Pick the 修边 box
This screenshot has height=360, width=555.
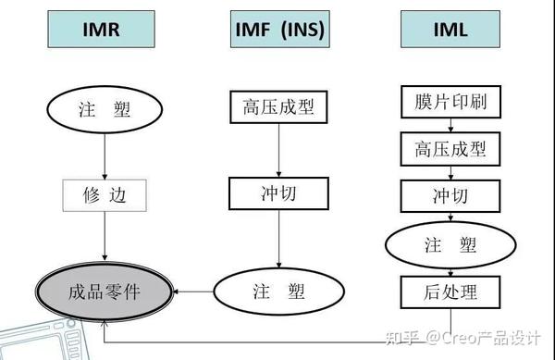point(105,195)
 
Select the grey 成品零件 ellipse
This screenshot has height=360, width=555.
point(104,292)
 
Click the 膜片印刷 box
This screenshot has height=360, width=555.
point(450,101)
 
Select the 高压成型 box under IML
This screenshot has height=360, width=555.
point(450,147)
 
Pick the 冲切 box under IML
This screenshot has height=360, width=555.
point(450,195)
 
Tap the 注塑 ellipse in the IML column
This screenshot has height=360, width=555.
point(450,246)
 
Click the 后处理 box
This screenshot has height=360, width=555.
point(450,293)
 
